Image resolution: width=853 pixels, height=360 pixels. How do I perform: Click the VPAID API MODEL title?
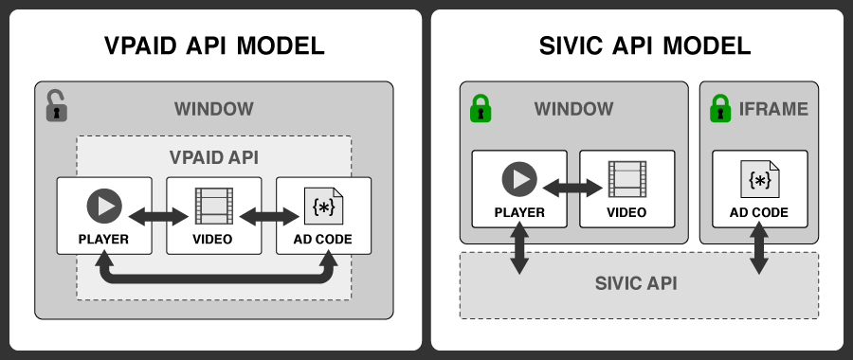tap(213, 45)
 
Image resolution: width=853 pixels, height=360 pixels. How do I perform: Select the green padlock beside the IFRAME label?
tap(721, 108)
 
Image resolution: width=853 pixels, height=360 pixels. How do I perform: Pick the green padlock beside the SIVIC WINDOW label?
tap(481, 108)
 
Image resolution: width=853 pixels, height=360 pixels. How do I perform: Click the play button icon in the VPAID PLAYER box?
tap(103, 206)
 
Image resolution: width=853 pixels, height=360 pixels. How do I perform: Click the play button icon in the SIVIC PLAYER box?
tap(518, 179)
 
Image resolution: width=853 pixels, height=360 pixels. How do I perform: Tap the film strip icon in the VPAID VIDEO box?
tap(213, 206)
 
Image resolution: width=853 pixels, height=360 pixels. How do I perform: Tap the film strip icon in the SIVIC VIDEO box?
tap(626, 179)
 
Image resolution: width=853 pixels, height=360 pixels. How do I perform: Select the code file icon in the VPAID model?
tap(323, 206)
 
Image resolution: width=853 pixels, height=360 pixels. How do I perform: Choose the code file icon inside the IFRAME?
tap(759, 179)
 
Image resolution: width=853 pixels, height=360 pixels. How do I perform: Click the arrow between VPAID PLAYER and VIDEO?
tap(158, 217)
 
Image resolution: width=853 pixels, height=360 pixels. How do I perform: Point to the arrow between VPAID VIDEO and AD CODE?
tap(268, 217)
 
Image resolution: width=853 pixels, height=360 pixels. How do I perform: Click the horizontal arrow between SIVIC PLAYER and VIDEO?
tap(572, 188)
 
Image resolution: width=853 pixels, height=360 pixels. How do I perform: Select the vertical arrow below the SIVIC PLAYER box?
tap(518, 251)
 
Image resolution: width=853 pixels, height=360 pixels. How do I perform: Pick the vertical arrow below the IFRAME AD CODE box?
tap(759, 251)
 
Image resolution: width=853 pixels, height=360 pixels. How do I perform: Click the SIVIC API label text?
tap(638, 284)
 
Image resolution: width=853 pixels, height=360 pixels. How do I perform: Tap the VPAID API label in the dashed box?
tap(213, 157)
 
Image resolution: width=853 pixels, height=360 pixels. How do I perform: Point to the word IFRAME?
tap(773, 109)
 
